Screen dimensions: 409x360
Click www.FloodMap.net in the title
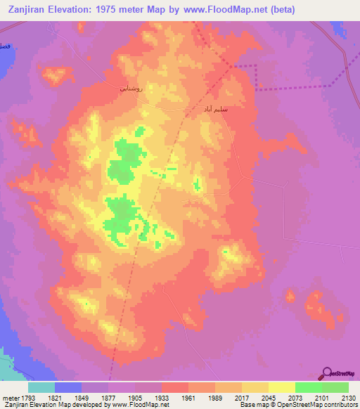[x=222, y=10]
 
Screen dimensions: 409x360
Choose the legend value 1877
[x=109, y=397]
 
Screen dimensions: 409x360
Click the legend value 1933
[x=162, y=397]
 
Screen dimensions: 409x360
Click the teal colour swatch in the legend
[x=41, y=387]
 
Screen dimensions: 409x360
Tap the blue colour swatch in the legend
[x=68, y=387]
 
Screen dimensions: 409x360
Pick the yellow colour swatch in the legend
[x=281, y=387]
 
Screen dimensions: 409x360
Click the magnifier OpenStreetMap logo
[x=328, y=373]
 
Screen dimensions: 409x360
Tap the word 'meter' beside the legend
[x=10, y=397]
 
